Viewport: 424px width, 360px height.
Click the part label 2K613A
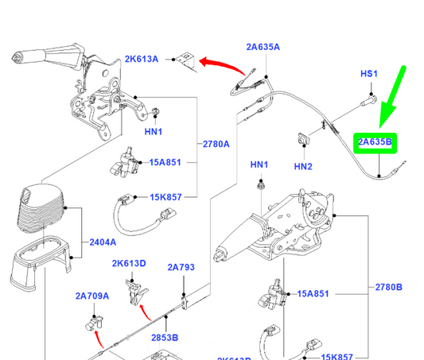[141, 59]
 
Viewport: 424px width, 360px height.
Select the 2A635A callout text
[263, 47]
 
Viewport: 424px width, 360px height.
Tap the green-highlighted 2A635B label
[375, 143]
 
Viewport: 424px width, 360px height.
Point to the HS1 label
[369, 74]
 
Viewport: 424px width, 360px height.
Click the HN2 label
[303, 166]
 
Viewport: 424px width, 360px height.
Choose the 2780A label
[215, 144]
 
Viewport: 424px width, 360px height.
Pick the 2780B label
[388, 287]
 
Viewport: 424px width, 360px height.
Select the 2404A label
[102, 242]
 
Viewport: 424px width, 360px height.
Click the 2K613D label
[128, 263]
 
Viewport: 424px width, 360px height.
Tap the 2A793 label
[181, 267]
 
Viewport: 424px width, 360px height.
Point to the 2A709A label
[92, 296]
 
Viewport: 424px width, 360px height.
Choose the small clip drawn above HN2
[303, 138]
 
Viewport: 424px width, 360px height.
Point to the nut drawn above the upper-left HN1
[154, 110]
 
